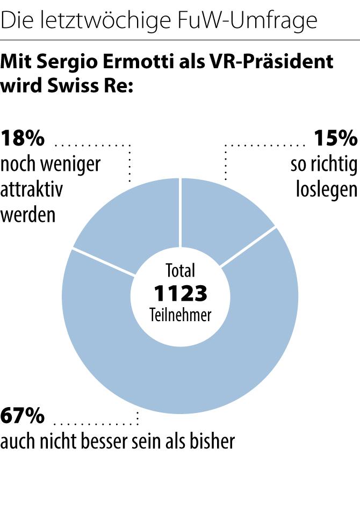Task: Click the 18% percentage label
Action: point(23,139)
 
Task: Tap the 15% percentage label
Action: point(335,139)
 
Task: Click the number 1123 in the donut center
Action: point(181,294)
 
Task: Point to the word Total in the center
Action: point(181,270)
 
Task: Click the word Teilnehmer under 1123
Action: point(181,315)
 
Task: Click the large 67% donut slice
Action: point(180,371)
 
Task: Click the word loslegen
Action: point(326,190)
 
